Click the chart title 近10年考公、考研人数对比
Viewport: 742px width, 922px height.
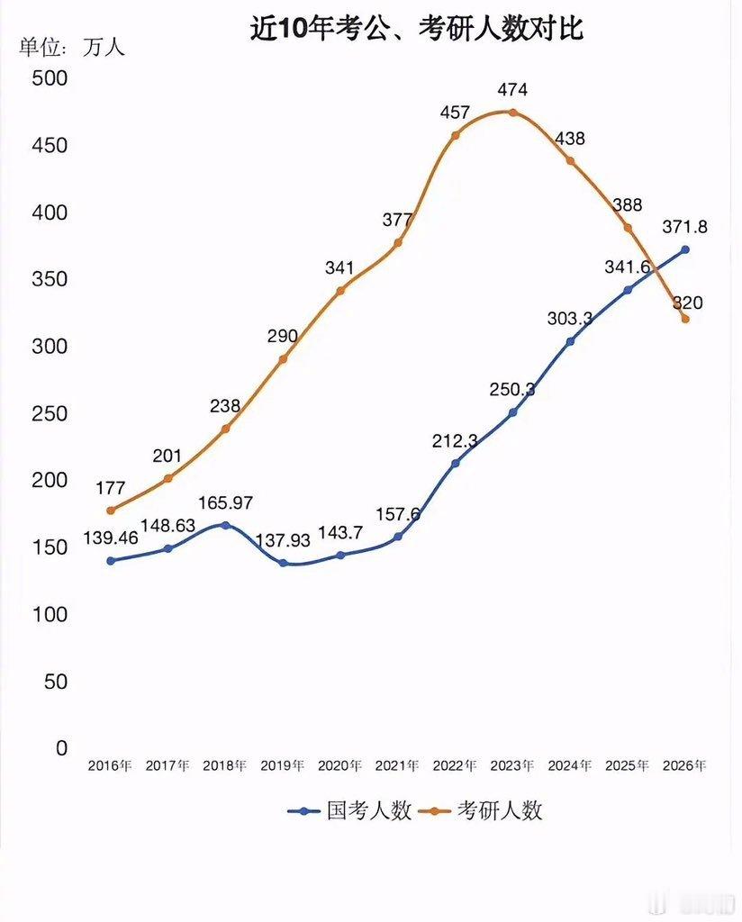pyautogui.click(x=417, y=30)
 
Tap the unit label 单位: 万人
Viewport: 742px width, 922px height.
pyautogui.click(x=72, y=47)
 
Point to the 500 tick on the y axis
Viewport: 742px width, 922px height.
pyautogui.click(x=50, y=78)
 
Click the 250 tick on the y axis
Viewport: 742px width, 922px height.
pyautogui.click(x=50, y=413)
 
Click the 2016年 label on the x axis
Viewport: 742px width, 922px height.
pyautogui.click(x=110, y=766)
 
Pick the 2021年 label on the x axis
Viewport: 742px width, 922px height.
pyautogui.click(x=397, y=766)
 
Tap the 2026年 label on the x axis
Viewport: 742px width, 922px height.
pyautogui.click(x=684, y=766)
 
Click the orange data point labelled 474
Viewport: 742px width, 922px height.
pyautogui.click(x=512, y=113)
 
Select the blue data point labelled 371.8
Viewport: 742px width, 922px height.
pyautogui.click(x=685, y=249)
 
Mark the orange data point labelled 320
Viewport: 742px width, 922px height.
pyautogui.click(x=685, y=319)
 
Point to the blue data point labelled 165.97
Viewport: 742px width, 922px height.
pyautogui.click(x=225, y=525)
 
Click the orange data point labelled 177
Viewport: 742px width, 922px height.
pyautogui.click(x=111, y=511)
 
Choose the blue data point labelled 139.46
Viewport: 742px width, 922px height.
pyautogui.click(x=111, y=561)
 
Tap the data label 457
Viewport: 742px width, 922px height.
pyautogui.click(x=455, y=113)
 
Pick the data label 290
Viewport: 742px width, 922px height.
pyautogui.click(x=282, y=336)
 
